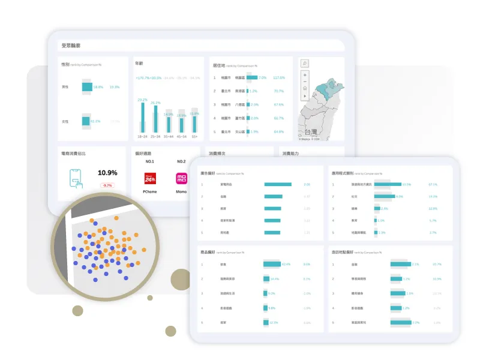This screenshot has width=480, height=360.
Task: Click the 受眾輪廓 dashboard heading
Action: click(x=71, y=45)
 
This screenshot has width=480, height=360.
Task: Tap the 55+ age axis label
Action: click(x=194, y=136)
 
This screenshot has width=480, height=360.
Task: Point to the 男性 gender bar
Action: click(x=87, y=87)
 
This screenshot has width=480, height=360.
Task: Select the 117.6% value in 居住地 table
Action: click(x=278, y=77)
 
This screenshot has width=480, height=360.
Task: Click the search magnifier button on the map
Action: click(x=305, y=63)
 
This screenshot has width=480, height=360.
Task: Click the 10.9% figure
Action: click(x=107, y=173)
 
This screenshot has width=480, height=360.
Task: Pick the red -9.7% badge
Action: click(x=107, y=185)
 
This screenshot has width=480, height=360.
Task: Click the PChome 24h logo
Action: click(x=150, y=178)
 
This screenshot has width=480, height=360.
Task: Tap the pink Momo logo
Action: click(x=181, y=178)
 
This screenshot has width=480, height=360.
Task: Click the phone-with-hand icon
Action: click(x=76, y=177)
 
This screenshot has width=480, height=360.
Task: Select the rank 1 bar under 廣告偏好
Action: click(x=278, y=184)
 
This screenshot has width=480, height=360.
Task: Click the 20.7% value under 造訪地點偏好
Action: click(x=437, y=264)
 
